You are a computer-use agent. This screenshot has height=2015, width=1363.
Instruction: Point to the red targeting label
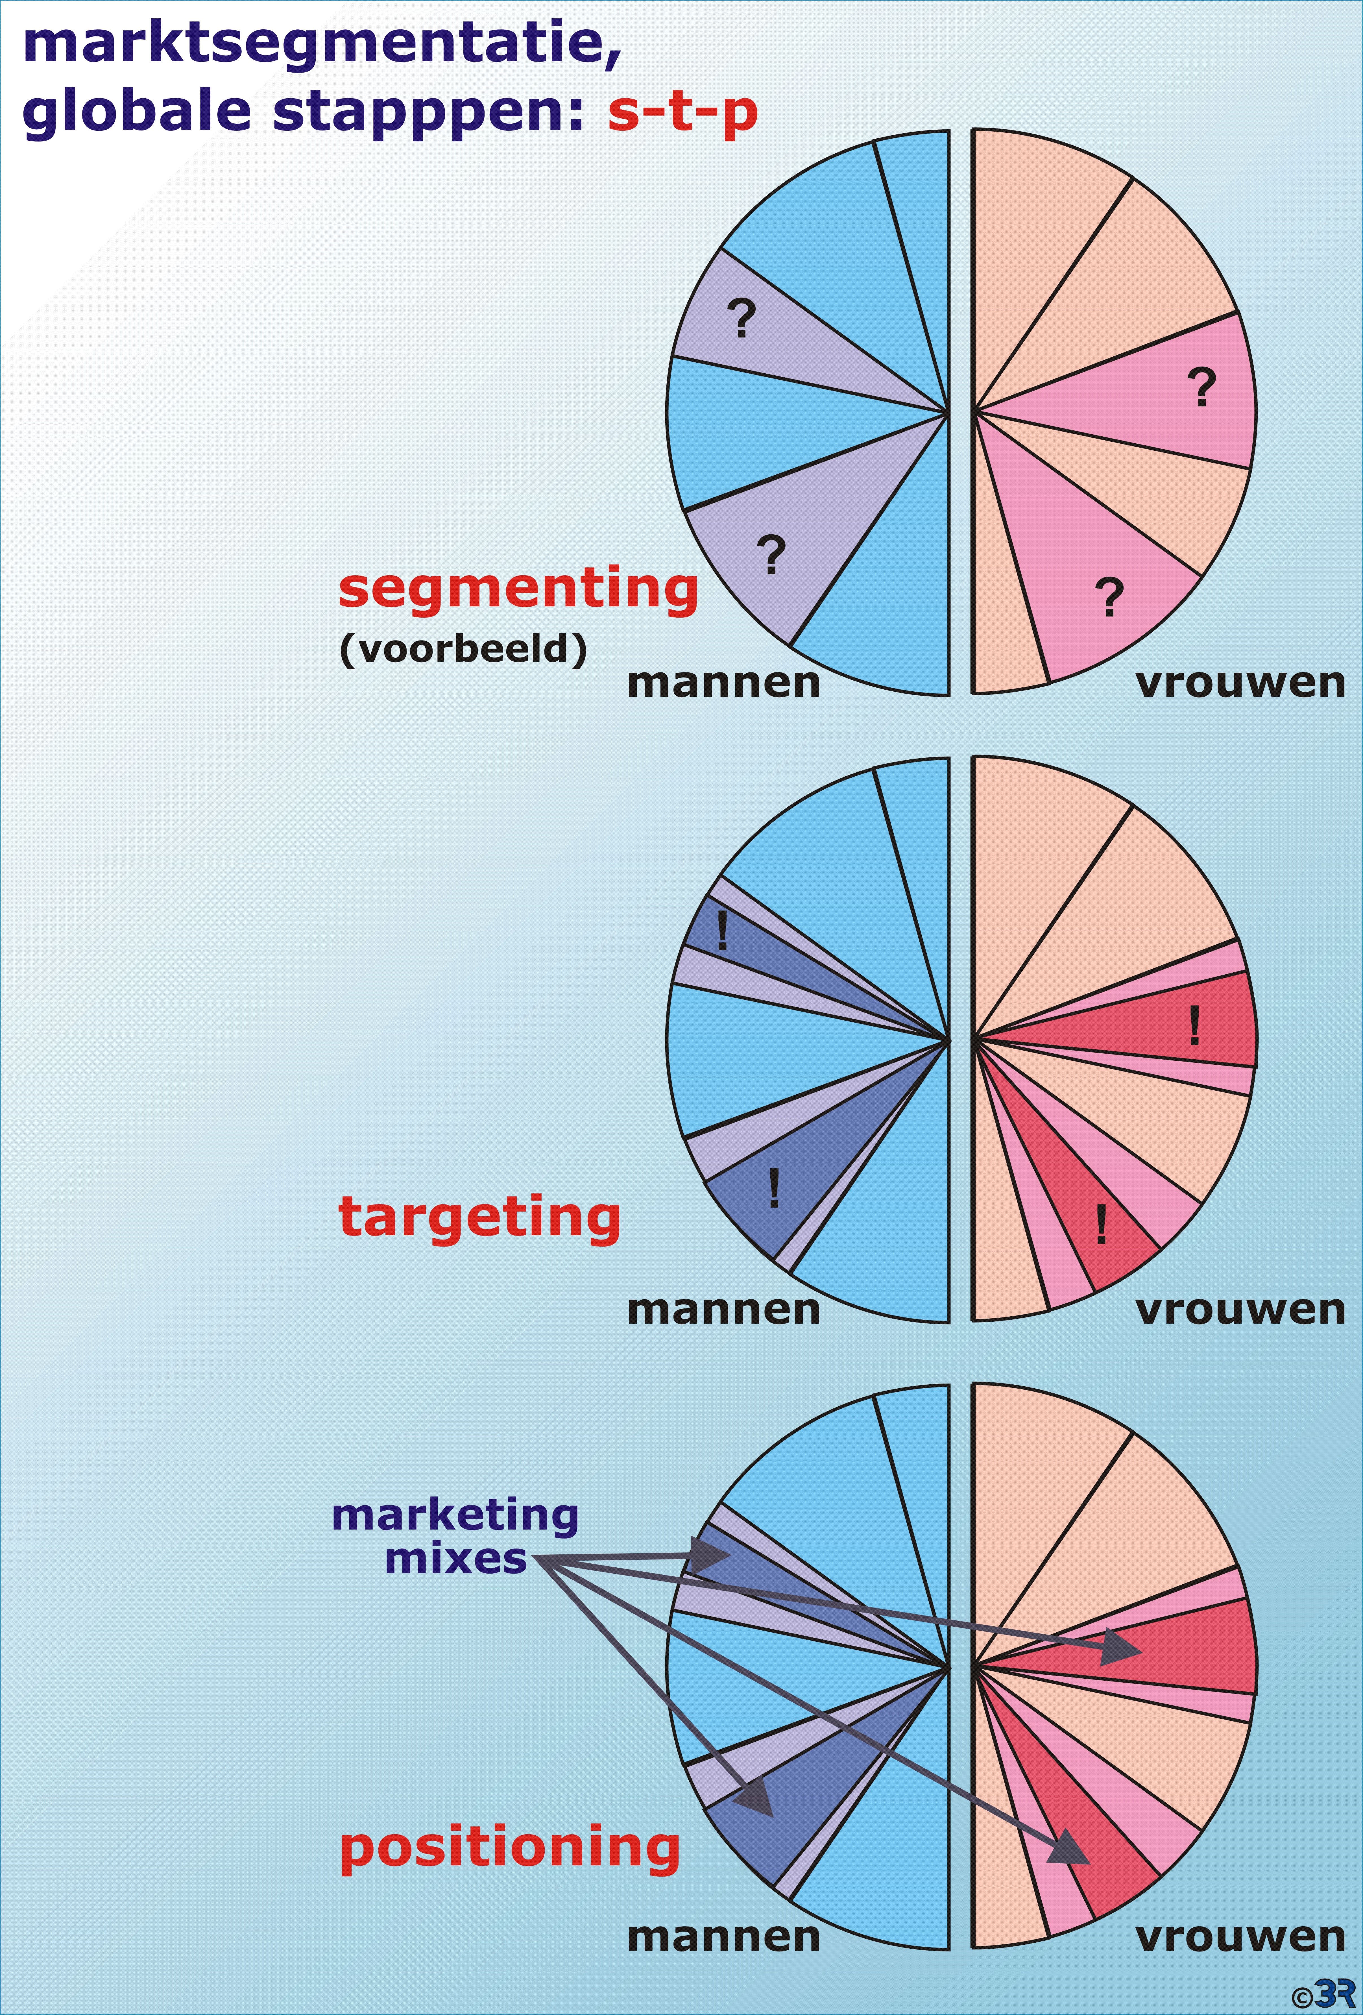pos(479,1218)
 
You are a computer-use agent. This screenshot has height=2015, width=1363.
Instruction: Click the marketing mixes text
pos(455,1537)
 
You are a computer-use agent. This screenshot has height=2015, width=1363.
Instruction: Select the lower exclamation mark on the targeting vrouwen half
pos(1101,1224)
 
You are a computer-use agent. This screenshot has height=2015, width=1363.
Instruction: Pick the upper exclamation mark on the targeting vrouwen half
pos(1195,1026)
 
